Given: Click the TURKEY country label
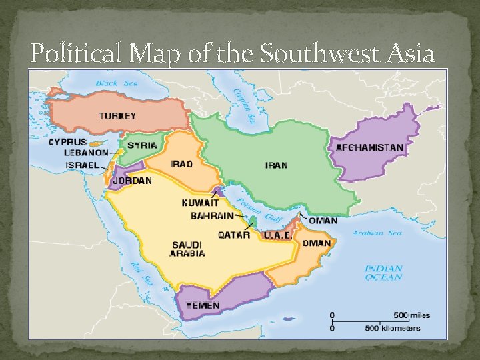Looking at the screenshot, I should (117, 116).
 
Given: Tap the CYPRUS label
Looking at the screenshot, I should (67, 142).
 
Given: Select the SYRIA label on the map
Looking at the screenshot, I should (142, 145).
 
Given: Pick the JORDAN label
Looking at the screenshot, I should (132, 181).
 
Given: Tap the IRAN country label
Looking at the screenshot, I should (276, 165).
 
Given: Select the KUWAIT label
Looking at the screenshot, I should (200, 203).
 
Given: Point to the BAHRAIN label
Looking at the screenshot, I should (212, 216).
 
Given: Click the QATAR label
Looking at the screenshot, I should (234, 235).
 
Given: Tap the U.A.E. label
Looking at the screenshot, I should (276, 235).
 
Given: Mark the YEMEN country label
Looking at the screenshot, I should (203, 305).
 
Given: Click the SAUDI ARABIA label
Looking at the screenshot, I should (187, 249).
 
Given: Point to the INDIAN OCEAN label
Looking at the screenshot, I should (383, 273).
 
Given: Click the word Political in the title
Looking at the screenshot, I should (74, 53).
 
